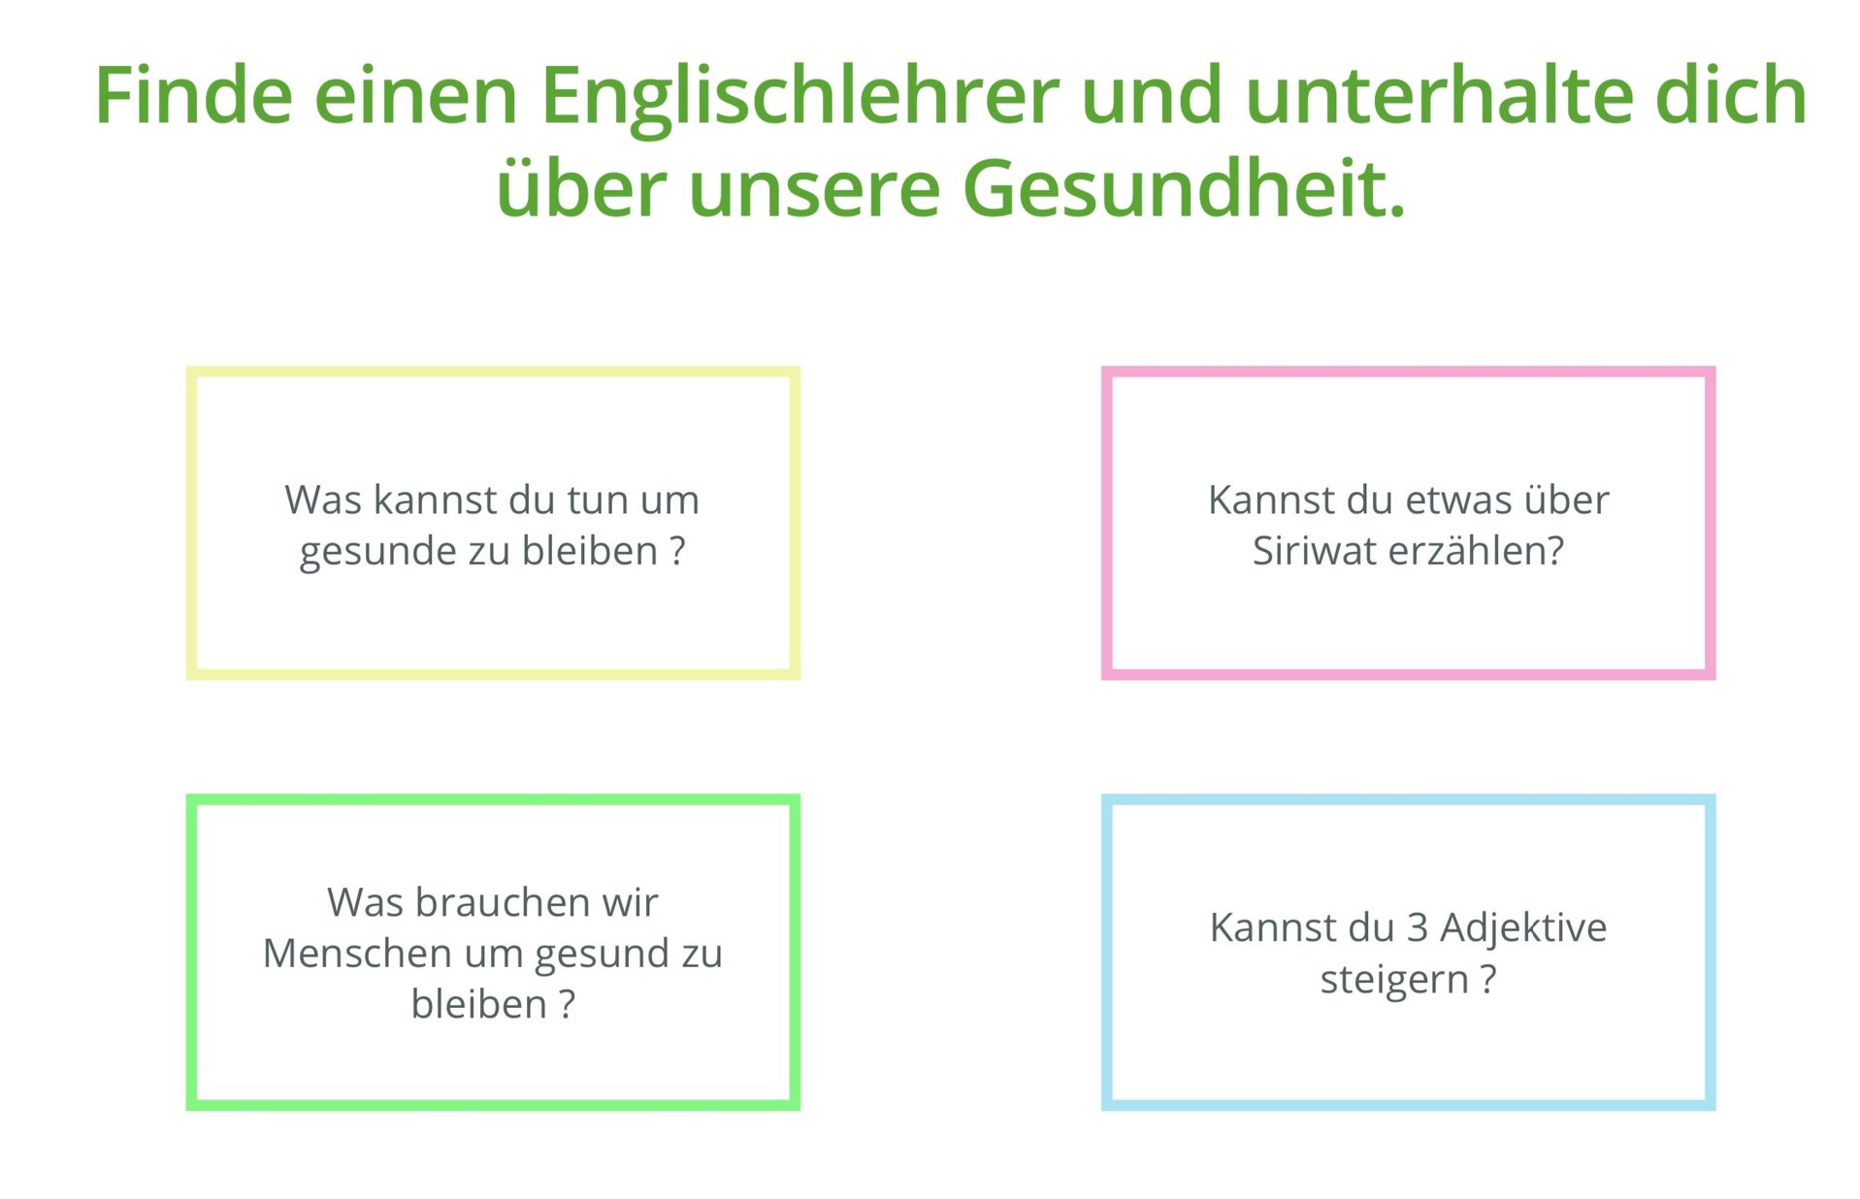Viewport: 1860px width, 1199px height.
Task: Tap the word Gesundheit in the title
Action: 1184,187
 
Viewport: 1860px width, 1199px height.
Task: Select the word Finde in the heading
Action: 194,95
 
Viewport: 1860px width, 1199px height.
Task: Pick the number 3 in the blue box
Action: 1418,927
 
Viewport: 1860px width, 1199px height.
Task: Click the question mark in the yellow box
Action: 677,550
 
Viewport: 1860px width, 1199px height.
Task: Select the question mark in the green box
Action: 567,1003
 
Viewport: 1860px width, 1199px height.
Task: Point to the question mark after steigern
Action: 1487,979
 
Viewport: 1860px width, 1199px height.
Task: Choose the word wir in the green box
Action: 630,902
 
